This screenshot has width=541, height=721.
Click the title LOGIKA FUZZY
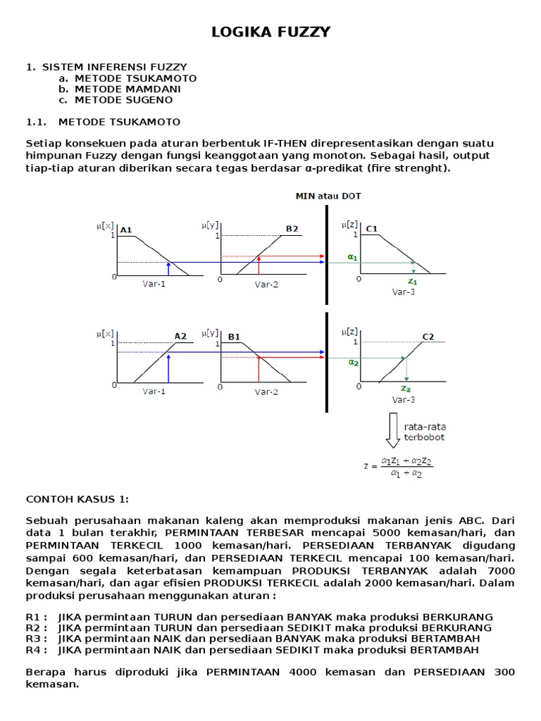[x=271, y=32]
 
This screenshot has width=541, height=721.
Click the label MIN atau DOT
[x=328, y=196]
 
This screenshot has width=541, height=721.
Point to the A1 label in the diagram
[x=126, y=230]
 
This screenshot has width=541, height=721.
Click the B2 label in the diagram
[x=292, y=229]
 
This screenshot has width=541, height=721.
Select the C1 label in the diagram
[x=372, y=229]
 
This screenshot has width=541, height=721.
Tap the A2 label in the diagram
[x=180, y=337]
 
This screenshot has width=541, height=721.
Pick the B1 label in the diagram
[x=234, y=337]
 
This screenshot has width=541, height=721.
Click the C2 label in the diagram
[x=428, y=337]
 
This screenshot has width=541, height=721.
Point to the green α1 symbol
[x=352, y=258]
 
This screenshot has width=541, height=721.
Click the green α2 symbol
[x=353, y=363]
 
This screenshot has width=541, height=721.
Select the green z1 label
[x=413, y=280]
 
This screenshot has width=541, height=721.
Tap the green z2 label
[x=405, y=388]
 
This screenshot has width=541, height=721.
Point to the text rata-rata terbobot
[x=425, y=432]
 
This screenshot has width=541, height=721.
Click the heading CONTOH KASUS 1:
[x=77, y=499]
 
